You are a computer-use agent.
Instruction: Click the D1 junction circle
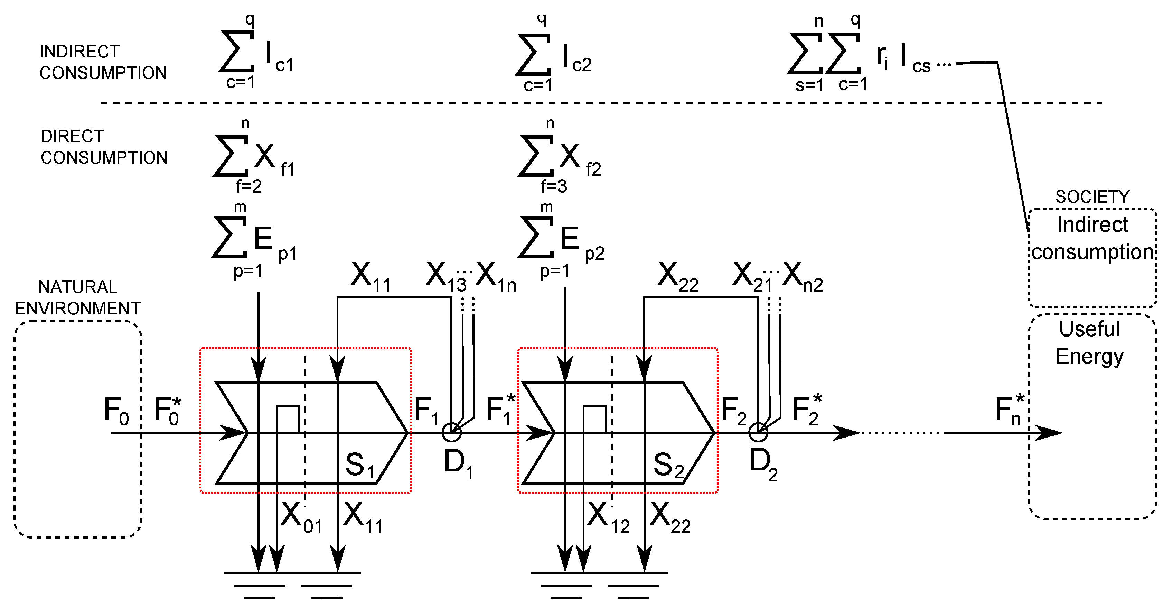pos(451,433)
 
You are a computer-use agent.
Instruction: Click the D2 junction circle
pos(758,433)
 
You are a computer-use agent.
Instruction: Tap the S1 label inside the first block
pos(360,465)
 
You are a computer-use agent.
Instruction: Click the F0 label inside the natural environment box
pos(116,411)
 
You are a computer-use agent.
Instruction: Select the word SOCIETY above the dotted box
pos(1092,197)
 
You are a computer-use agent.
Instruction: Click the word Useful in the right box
pos(1089,329)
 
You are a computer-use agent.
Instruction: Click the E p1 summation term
pos(253,239)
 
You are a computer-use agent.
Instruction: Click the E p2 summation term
pos(560,239)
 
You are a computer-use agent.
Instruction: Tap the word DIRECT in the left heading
pos(72,136)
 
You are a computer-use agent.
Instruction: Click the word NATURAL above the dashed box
pos(78,287)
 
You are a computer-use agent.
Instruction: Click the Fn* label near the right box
pos(1010,410)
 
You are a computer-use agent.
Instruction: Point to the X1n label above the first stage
pos(496,276)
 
